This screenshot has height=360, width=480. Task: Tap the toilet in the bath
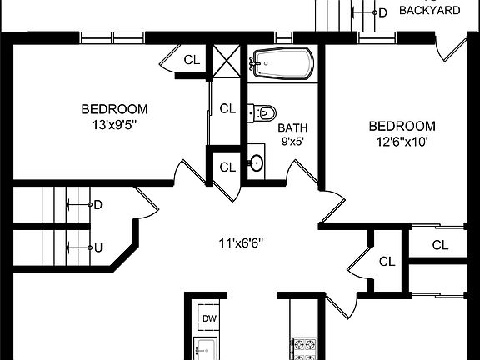[x=264, y=112]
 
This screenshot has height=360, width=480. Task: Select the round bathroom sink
[x=256, y=162]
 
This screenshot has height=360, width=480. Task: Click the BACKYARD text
[x=431, y=11]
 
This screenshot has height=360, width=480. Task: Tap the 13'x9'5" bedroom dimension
[x=114, y=126]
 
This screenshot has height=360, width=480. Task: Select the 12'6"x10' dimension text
[x=402, y=142]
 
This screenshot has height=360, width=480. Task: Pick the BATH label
[x=292, y=127]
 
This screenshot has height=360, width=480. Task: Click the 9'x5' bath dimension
[x=292, y=142]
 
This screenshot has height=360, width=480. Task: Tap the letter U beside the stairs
[x=97, y=247]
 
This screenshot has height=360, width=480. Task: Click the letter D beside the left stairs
[x=97, y=204]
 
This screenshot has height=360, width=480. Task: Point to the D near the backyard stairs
[x=382, y=12]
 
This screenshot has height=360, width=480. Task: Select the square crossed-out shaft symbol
[x=227, y=61]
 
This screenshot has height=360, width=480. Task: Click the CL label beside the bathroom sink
[x=227, y=167]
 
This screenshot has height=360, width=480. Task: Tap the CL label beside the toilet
[x=227, y=108]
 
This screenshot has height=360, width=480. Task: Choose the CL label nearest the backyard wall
[x=192, y=60]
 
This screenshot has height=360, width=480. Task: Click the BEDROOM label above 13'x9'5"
[x=114, y=109]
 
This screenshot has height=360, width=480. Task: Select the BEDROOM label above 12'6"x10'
[x=402, y=126]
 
